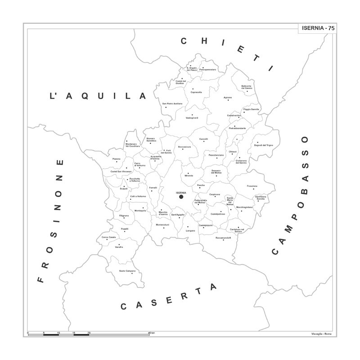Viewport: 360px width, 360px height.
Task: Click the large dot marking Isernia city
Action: tap(181, 197)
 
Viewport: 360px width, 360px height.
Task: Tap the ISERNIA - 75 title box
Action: tap(319, 28)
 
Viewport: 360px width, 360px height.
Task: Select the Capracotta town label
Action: tap(196, 92)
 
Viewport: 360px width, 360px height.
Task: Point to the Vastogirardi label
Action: tap(192, 118)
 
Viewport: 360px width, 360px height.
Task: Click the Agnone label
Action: tap(228, 98)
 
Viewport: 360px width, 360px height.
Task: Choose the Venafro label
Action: tap(119, 247)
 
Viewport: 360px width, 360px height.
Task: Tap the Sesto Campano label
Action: tap(127, 271)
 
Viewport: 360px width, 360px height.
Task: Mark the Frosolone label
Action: tap(252, 186)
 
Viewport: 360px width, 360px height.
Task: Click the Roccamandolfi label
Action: tap(224, 237)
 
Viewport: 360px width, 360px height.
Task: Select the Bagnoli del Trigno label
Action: tap(264, 145)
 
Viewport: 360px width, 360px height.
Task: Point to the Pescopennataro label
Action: tap(208, 70)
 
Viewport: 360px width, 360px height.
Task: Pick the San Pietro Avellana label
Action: tap(172, 104)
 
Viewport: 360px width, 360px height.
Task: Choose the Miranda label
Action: tap(189, 176)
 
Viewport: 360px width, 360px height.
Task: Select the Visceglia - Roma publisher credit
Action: tap(321, 333)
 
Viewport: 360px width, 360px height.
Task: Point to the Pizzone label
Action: tap(116, 159)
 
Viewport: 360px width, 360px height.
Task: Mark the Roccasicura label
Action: tap(184, 147)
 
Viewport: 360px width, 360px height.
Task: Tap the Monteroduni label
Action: tap(163, 225)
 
